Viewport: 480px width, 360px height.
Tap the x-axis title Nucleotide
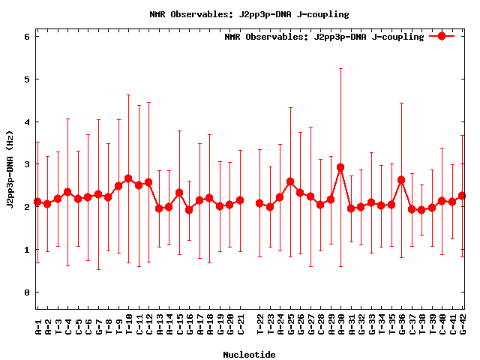click(248, 355)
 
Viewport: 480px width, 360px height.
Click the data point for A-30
click(340, 167)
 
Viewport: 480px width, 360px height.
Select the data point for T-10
click(128, 178)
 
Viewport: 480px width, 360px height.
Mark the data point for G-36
click(401, 180)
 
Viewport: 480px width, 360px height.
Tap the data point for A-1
click(37, 202)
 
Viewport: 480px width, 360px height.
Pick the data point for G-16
click(189, 210)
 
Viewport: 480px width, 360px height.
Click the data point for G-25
click(290, 181)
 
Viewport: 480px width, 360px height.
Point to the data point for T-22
click(259, 203)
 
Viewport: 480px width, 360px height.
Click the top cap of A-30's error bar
click(340, 68)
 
